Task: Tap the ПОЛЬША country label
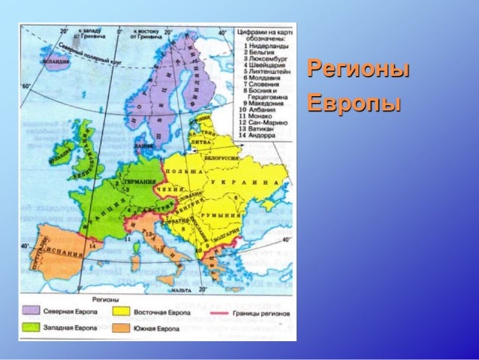(x=185, y=172)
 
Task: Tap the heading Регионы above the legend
(x=97, y=298)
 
